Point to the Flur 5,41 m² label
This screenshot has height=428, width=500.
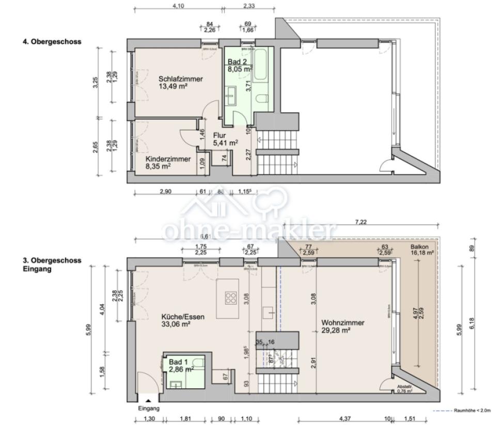pos(225,139)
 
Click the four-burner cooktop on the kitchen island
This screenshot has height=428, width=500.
pos(230,298)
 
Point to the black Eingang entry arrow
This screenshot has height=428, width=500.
pos(149,400)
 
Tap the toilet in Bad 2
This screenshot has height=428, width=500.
pos(262,99)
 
